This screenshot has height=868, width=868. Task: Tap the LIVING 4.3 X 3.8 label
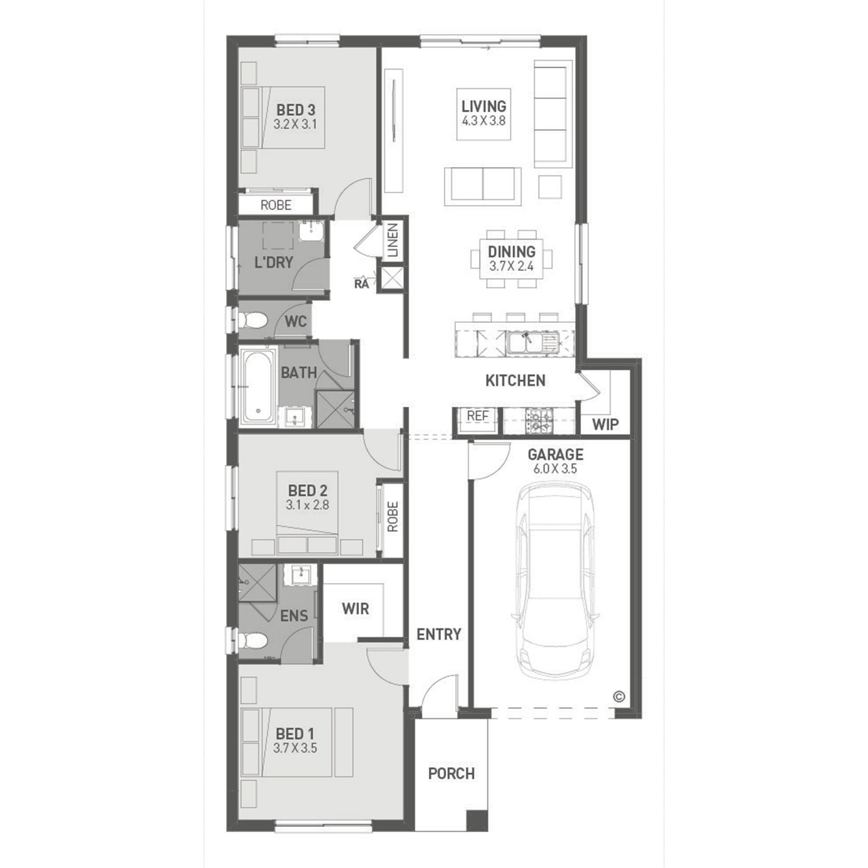click(x=484, y=113)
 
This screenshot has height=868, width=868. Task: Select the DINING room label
click(x=512, y=252)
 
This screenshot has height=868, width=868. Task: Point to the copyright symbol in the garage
click(x=619, y=697)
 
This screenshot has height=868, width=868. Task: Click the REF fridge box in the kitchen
click(x=477, y=416)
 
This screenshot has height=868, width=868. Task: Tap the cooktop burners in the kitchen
click(x=539, y=421)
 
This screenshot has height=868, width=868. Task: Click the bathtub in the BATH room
click(x=257, y=385)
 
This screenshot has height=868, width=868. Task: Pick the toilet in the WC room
click(x=253, y=320)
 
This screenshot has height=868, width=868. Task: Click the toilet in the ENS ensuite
click(x=253, y=641)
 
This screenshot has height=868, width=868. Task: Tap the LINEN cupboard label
click(x=393, y=240)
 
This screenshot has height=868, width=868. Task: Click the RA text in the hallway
click(x=362, y=284)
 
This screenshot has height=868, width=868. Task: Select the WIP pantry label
click(x=605, y=425)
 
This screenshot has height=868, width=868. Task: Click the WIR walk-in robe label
click(x=355, y=609)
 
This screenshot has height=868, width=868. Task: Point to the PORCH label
click(x=451, y=774)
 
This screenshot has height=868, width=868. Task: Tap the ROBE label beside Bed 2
click(x=393, y=517)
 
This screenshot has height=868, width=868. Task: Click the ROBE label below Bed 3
click(x=276, y=205)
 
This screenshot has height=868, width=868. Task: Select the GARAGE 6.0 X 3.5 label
click(x=556, y=461)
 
